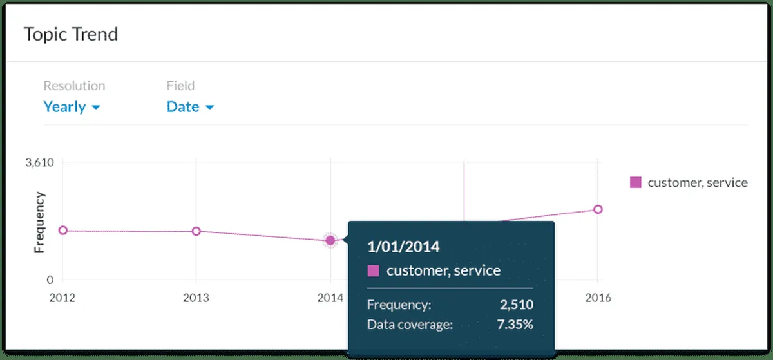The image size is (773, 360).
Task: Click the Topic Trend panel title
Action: point(71,34)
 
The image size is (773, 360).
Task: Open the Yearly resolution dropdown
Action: point(72,107)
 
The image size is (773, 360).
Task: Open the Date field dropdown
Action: point(189,107)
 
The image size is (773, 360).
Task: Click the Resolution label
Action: point(74,86)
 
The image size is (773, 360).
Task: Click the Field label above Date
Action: point(180,86)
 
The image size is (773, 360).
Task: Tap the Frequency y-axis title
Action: point(39,222)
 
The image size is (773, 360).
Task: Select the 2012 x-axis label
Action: point(62,298)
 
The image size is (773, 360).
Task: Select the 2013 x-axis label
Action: point(196,298)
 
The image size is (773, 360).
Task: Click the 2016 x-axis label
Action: point(597,298)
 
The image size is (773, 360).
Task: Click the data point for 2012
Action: point(62,231)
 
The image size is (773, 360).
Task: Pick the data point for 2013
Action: point(196,231)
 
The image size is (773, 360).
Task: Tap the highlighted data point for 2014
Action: point(330,240)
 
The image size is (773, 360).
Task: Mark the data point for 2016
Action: point(598,209)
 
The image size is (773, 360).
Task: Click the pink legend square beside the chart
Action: point(636,183)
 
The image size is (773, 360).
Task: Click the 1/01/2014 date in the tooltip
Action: point(403,246)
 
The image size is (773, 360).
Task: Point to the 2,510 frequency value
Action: point(517,305)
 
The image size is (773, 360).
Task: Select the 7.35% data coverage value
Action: point(515,324)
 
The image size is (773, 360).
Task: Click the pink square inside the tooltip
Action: point(373,270)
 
